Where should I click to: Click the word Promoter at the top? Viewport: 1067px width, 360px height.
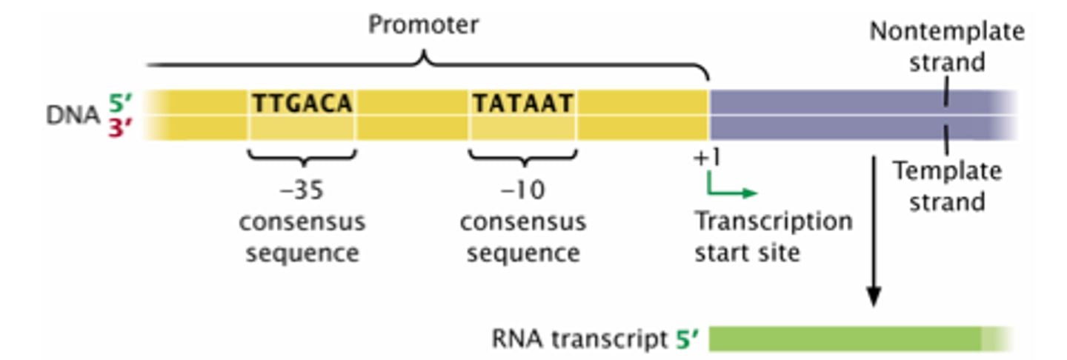coord(423,25)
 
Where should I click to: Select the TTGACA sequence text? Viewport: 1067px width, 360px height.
coord(302,104)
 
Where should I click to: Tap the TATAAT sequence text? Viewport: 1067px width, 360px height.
coord(523,104)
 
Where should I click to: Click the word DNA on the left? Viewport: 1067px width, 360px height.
coord(72,116)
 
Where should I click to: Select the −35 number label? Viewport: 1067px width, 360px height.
coord(302,190)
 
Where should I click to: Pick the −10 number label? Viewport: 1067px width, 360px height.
coord(523,190)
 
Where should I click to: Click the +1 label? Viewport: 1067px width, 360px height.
coord(708,159)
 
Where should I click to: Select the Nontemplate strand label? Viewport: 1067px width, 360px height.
coord(946,46)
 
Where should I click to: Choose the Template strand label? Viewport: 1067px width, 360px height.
coord(946,186)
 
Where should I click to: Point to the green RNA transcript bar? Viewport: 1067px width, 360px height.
coord(852,339)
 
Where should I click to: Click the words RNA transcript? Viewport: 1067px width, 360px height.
coord(579,339)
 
